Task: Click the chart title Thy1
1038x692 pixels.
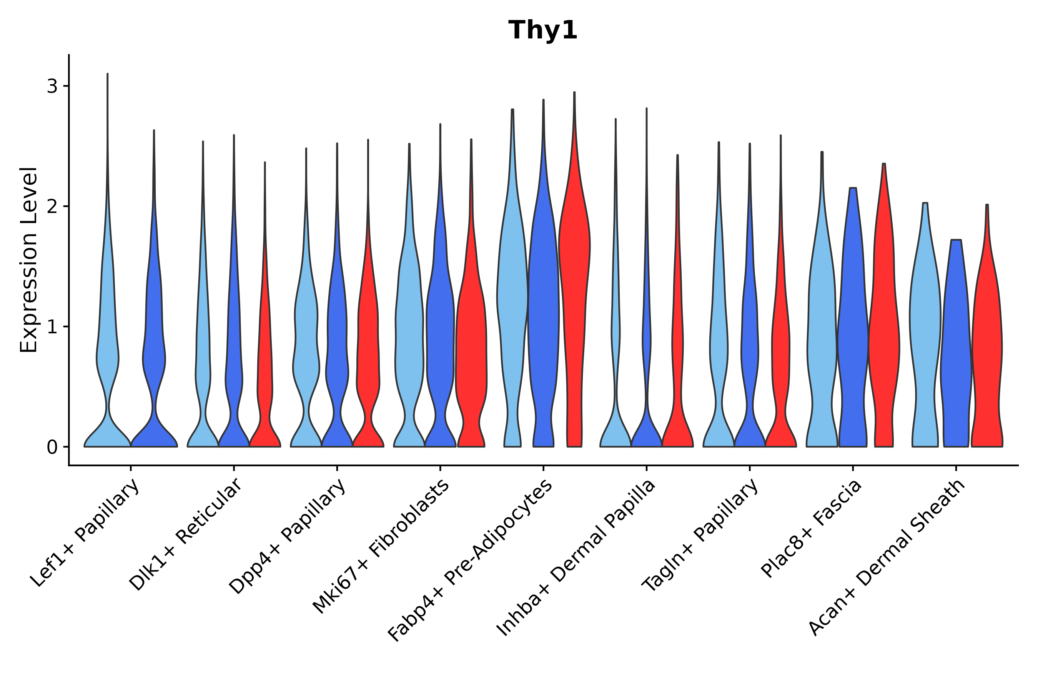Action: (x=542, y=30)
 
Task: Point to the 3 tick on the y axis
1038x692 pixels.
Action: (x=52, y=86)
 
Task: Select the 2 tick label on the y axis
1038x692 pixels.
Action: (x=52, y=206)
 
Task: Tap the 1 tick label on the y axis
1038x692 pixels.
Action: (x=52, y=327)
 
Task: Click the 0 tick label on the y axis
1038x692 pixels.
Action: (x=52, y=447)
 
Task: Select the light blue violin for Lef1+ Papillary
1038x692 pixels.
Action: (x=107, y=353)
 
